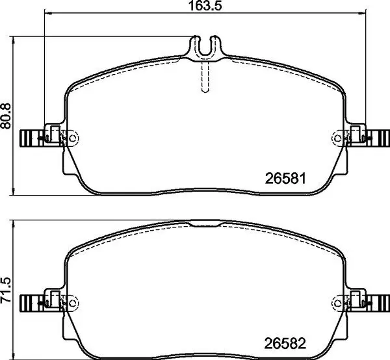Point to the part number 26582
tap(285, 341)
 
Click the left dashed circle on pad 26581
tap(72, 137)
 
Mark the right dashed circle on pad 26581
tap(337, 137)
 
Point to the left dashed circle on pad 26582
tap(72, 302)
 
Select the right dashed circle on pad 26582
tap(337, 302)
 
